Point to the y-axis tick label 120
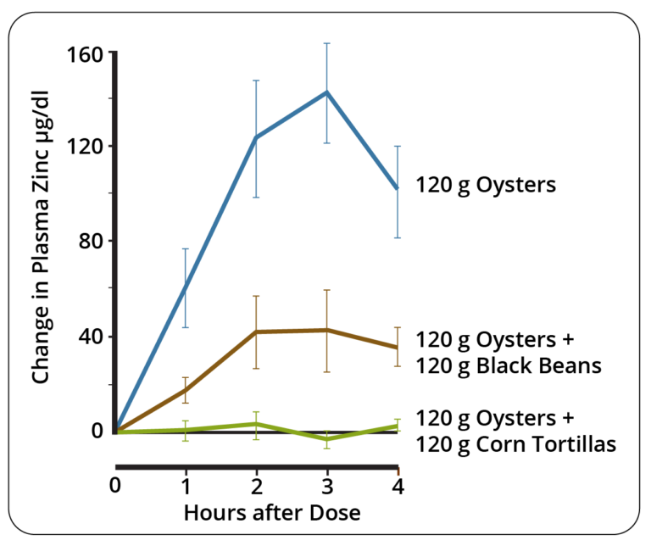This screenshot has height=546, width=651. (84, 147)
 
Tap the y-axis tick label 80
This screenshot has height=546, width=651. (89, 242)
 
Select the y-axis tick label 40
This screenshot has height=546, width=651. (89, 337)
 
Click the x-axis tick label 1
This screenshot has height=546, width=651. (186, 487)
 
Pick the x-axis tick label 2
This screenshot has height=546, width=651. (256, 487)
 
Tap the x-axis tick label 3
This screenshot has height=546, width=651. (326, 487)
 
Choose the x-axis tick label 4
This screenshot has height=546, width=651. (398, 487)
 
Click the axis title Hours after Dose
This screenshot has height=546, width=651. (257, 513)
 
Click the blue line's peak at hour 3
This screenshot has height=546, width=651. (326, 92)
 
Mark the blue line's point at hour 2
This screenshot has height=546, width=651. (256, 137)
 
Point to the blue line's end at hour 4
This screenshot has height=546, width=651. (398, 188)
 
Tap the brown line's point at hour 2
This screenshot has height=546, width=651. (256, 331)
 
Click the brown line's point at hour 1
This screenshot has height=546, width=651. (186, 390)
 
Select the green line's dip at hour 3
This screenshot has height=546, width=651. (326, 439)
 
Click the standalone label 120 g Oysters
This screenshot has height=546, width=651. (486, 184)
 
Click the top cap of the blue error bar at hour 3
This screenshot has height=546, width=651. (326, 43)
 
